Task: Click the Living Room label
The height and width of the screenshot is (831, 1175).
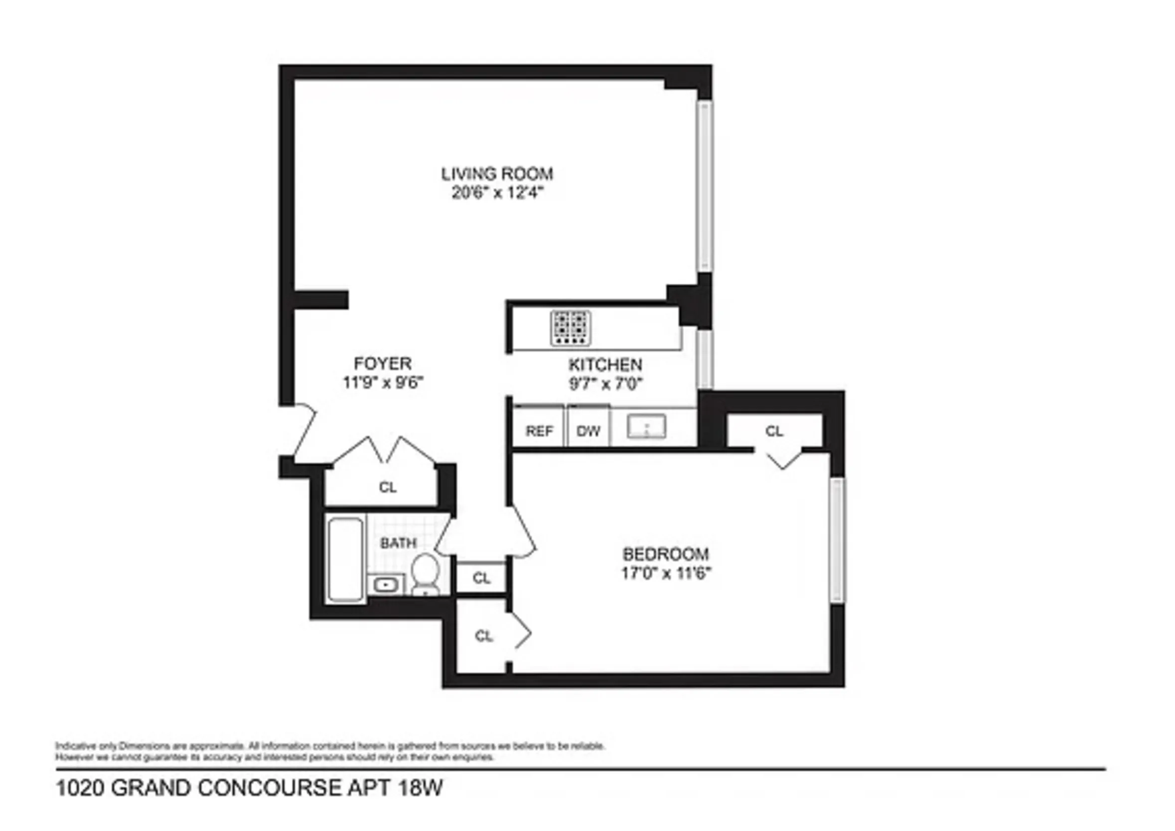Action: (497, 174)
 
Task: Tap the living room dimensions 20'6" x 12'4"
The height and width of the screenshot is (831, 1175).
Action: (497, 193)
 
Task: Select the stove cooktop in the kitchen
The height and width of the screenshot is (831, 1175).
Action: (571, 328)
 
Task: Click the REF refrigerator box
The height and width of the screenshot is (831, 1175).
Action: (539, 431)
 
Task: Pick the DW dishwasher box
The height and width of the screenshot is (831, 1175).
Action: (588, 431)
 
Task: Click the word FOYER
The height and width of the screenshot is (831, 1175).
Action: (383, 363)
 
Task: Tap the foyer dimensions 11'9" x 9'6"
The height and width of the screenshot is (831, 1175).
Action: (383, 382)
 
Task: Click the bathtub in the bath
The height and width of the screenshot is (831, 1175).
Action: (345, 559)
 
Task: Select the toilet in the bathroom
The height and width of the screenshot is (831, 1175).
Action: (425, 572)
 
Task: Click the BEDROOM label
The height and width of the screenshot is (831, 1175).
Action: (665, 554)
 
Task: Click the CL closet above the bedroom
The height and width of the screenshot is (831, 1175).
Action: (774, 431)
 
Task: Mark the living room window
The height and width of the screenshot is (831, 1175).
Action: (705, 185)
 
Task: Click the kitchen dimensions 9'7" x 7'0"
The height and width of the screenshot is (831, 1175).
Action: (605, 383)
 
